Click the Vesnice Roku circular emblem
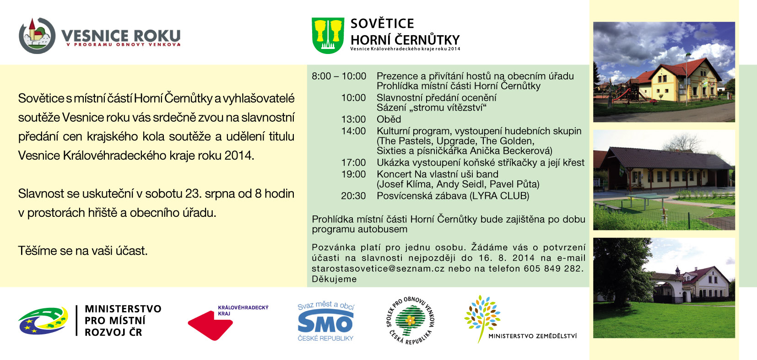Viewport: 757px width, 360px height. point(37,36)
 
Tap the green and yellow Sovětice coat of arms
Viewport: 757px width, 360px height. point(328,36)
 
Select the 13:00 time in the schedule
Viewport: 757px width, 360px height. point(353,119)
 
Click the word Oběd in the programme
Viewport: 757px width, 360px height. point(389,119)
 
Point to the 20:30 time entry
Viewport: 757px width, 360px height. point(353,196)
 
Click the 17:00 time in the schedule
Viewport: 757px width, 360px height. point(353,163)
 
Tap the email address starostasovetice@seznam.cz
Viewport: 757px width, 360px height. point(378,269)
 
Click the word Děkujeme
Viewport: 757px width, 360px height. point(334,279)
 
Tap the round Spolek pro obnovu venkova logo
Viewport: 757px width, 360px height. point(410,320)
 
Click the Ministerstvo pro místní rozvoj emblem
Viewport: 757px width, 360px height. point(43,320)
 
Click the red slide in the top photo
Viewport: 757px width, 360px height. point(622,94)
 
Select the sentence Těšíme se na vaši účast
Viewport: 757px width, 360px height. point(83,251)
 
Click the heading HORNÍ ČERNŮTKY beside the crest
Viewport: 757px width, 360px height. point(405,39)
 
